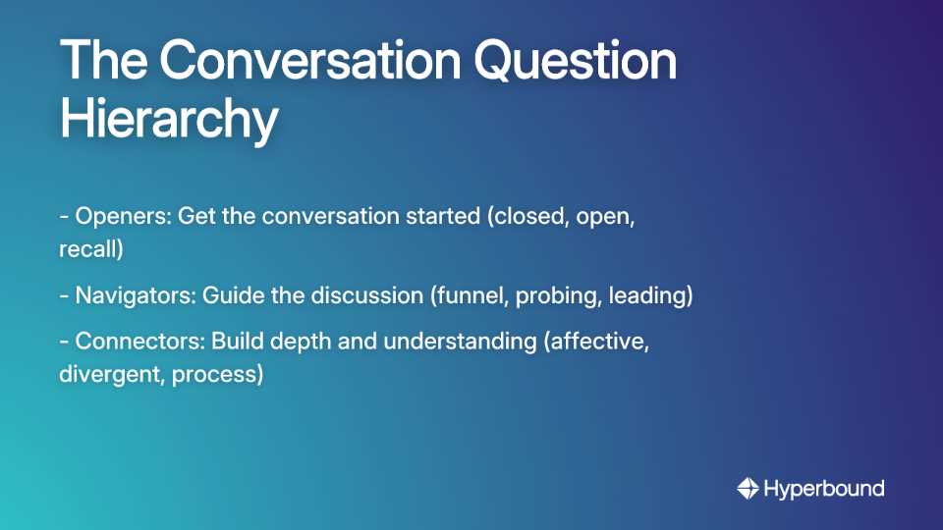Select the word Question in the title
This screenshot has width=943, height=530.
point(571,62)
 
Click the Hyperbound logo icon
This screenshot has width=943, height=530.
point(748,489)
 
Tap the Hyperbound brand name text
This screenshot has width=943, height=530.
point(823,489)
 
